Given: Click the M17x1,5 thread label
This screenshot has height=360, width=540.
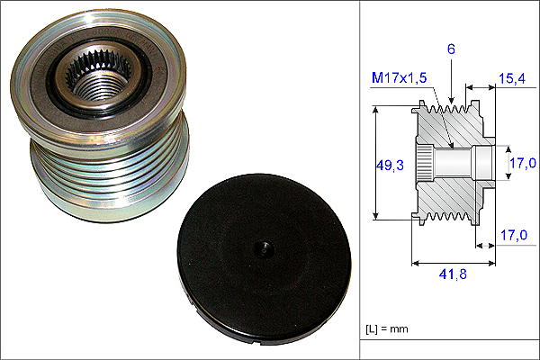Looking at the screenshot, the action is click(399, 77).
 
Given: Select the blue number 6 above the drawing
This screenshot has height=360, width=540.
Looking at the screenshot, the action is click(451, 49).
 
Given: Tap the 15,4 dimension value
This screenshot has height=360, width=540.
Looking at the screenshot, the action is click(512, 78).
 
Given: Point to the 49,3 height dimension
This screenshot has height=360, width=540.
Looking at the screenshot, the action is click(390, 166).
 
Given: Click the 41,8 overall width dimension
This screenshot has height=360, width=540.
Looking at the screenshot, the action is click(453, 274).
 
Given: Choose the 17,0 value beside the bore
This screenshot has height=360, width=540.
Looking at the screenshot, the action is click(523, 163).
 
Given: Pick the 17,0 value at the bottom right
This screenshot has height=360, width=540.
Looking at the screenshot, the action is click(514, 235).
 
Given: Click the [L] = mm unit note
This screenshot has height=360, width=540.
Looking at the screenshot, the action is click(387, 329).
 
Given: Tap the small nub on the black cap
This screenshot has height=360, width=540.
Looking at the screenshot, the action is click(264, 248).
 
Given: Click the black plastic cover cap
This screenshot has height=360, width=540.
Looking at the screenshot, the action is click(264, 259).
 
